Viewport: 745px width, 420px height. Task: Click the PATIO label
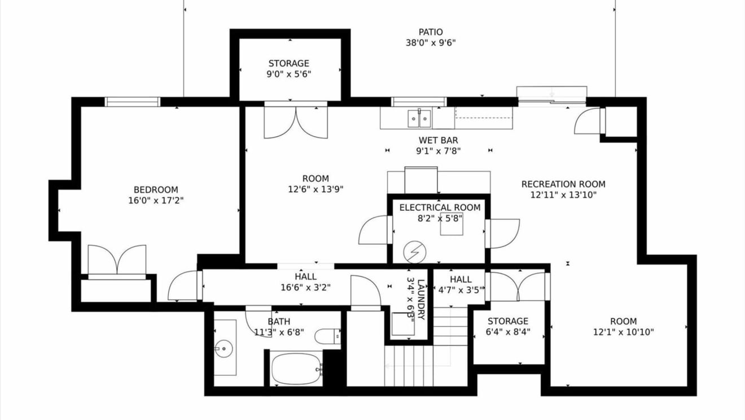[431, 32]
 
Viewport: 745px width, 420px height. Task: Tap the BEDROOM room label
[156, 189]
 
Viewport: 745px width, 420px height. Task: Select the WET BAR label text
[438, 140]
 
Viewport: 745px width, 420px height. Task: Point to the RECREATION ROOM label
[563, 184]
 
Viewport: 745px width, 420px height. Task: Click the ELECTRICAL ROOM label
[440, 207]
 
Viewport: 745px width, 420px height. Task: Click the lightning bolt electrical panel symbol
[415, 252]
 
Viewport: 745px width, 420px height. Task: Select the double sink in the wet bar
[419, 118]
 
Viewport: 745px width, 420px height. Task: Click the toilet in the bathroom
[327, 336]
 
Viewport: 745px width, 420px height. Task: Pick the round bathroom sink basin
[224, 348]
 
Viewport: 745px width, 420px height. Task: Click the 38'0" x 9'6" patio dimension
[431, 43]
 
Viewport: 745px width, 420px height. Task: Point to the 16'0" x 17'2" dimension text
[156, 201]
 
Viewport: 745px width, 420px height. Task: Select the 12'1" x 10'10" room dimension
[623, 332]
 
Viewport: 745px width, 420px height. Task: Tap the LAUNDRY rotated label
[420, 300]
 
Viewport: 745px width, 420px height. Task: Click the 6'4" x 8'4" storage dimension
[508, 332]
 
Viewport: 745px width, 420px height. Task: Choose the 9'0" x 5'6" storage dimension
[289, 74]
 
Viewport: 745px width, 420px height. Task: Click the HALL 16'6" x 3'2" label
[305, 282]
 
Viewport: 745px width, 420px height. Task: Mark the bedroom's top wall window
[133, 102]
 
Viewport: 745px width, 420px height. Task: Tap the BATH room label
[279, 322]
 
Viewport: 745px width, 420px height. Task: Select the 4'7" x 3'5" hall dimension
[461, 290]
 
